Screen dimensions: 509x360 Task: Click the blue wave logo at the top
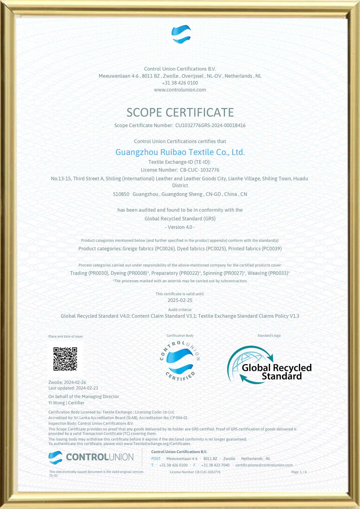point(181,34)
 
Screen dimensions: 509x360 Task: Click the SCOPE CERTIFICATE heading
point(180,112)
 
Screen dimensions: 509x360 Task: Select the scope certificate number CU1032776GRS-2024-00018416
point(210,126)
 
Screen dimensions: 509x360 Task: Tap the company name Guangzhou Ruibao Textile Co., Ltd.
point(180,152)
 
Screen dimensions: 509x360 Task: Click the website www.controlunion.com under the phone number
point(180,90)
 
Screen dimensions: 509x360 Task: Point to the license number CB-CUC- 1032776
point(200,170)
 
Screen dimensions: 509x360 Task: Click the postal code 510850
point(121,194)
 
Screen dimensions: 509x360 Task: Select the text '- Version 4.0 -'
point(180,227)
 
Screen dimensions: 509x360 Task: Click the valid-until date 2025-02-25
point(180,300)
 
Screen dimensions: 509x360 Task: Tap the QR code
point(65,359)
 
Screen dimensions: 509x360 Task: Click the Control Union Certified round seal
point(180,361)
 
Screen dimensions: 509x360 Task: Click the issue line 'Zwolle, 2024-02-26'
point(67,382)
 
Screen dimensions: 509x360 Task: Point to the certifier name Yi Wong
point(57,403)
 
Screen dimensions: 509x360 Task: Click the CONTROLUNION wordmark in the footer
point(99,457)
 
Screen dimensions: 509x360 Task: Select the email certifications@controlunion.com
point(264,465)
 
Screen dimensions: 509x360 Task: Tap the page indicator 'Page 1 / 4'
point(299,472)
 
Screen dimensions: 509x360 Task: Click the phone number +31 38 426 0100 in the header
point(180,83)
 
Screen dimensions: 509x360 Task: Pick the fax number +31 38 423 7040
point(215,465)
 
